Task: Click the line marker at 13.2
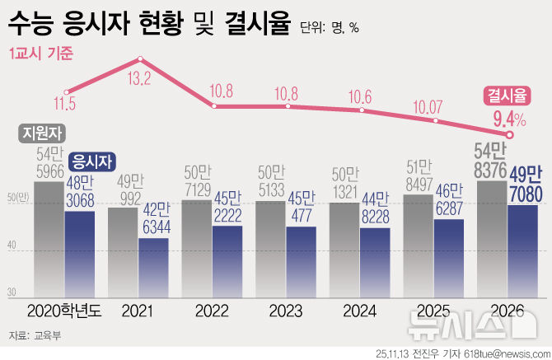141,58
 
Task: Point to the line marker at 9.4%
510,134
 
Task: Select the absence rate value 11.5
64,104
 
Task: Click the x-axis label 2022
213,311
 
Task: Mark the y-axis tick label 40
12,245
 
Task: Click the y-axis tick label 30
12,292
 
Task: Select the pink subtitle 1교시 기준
41,53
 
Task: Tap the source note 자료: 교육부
31,335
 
